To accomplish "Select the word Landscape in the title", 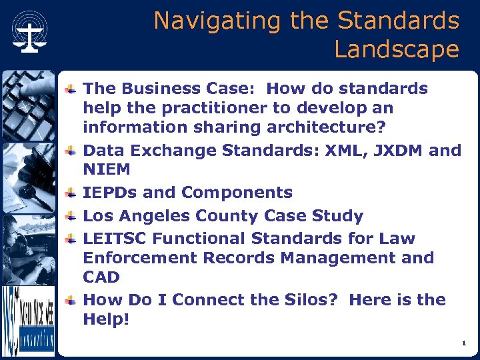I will [397, 50].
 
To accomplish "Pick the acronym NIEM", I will [107, 170].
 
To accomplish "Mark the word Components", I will [237, 193].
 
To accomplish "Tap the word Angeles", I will [153, 216].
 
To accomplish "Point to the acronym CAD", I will [101, 277].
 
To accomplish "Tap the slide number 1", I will [463, 343].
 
